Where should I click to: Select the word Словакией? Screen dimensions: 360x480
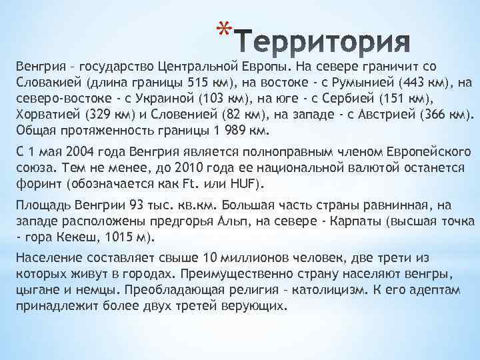pos(43,83)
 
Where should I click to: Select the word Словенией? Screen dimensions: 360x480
pos(187,114)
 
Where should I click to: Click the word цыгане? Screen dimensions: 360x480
pos(37,291)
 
